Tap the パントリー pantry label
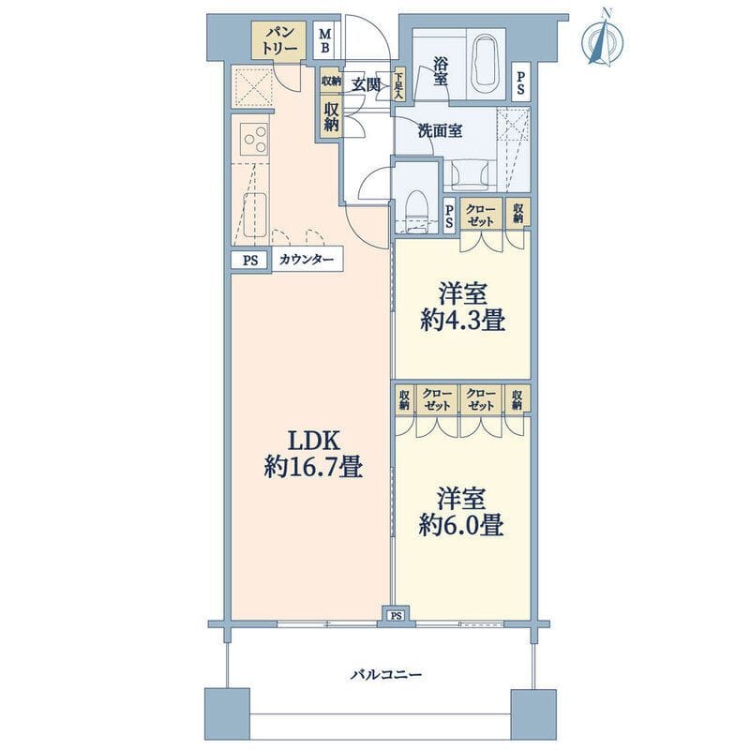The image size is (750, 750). click(279, 40)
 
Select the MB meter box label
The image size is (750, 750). click(325, 39)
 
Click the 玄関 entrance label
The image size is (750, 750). click(366, 83)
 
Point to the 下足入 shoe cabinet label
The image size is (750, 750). click(398, 85)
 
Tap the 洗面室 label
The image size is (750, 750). click(440, 131)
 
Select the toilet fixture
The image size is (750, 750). click(415, 208)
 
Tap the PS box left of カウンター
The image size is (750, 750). click(249, 260)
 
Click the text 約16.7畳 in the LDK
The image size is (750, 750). click(313, 466)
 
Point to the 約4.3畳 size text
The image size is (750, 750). click(463, 322)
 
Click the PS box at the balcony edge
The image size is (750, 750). click(396, 615)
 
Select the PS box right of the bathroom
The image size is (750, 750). click(520, 82)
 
